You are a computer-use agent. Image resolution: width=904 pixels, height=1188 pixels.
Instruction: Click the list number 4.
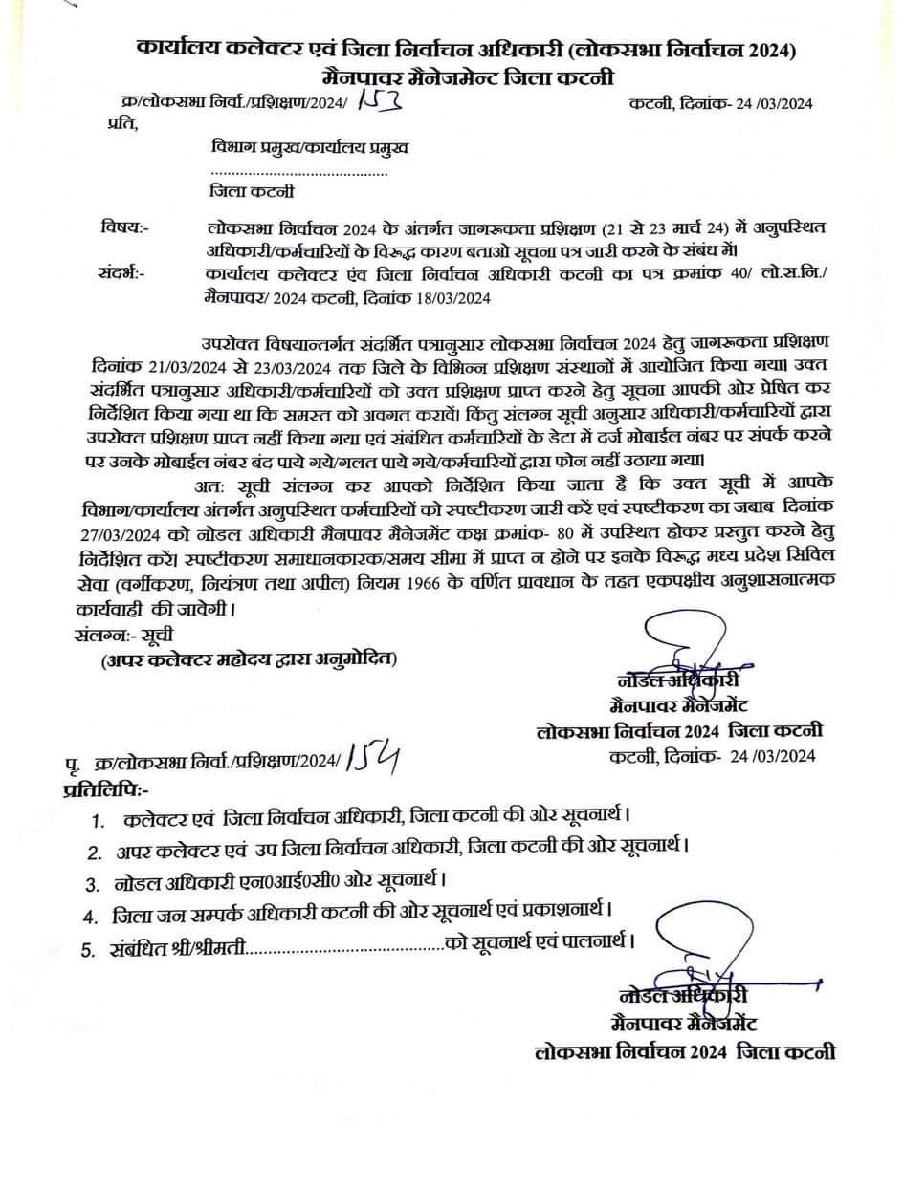pos(90,916)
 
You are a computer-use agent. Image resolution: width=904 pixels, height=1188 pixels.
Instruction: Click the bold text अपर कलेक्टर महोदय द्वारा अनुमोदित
pos(248,659)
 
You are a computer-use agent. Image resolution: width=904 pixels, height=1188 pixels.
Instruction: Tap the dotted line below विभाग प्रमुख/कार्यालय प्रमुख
pos(298,173)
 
